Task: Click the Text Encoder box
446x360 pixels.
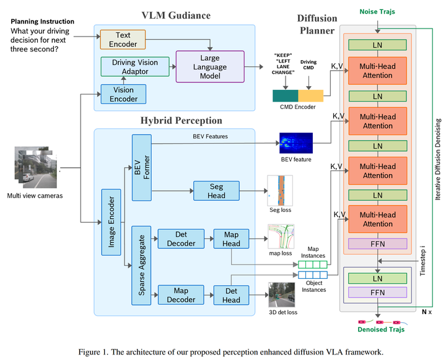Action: pyautogui.click(x=123, y=40)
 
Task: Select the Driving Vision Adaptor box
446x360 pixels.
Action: pyautogui.click(x=135, y=67)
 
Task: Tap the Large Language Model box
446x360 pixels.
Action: pyautogui.click(x=210, y=66)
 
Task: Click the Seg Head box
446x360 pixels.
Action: pyautogui.click(x=216, y=190)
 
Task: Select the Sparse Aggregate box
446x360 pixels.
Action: pyautogui.click(x=141, y=267)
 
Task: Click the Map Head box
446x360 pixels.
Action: pyautogui.click(x=231, y=239)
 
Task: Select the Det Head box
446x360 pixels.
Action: pyautogui.click(x=231, y=295)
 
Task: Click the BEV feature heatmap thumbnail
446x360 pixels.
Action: pyautogui.click(x=295, y=144)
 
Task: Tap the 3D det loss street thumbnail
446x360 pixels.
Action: pyautogui.click(x=282, y=294)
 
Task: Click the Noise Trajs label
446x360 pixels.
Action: pyautogui.click(x=377, y=11)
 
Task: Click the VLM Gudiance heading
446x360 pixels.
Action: pyautogui.click(x=175, y=15)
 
